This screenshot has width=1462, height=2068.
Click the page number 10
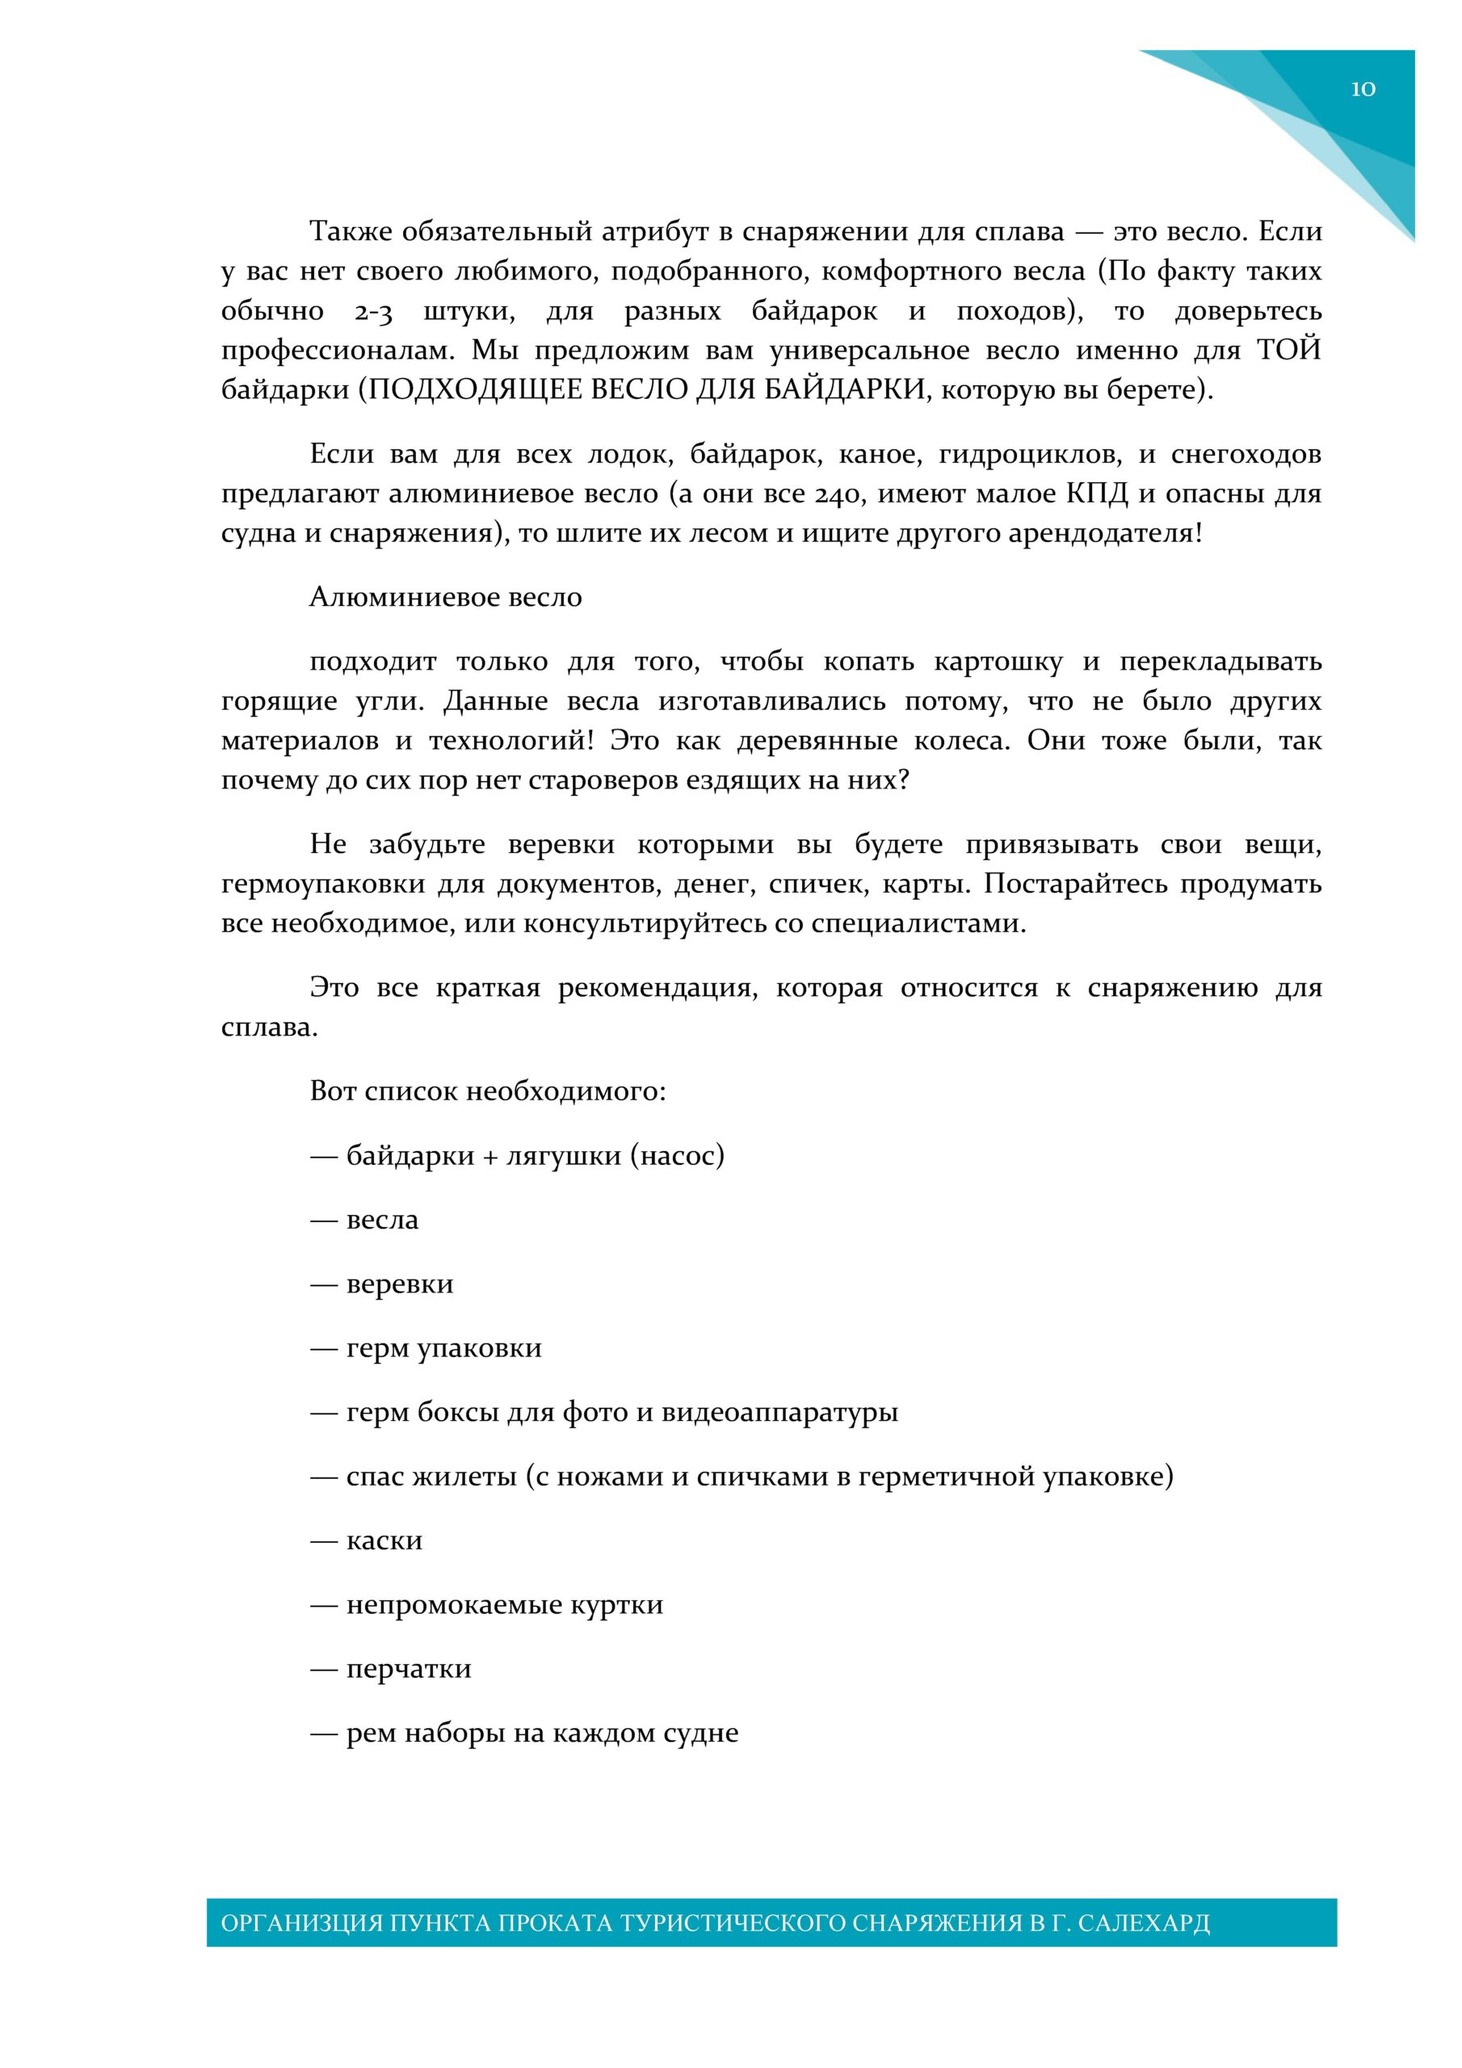coord(1362,88)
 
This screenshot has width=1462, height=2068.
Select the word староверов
coord(603,780)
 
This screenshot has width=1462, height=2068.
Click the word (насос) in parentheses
coord(677,1156)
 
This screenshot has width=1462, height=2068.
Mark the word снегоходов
coord(1246,454)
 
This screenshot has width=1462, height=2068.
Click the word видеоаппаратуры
coord(780,1412)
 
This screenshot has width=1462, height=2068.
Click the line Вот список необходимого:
coord(487,1091)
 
